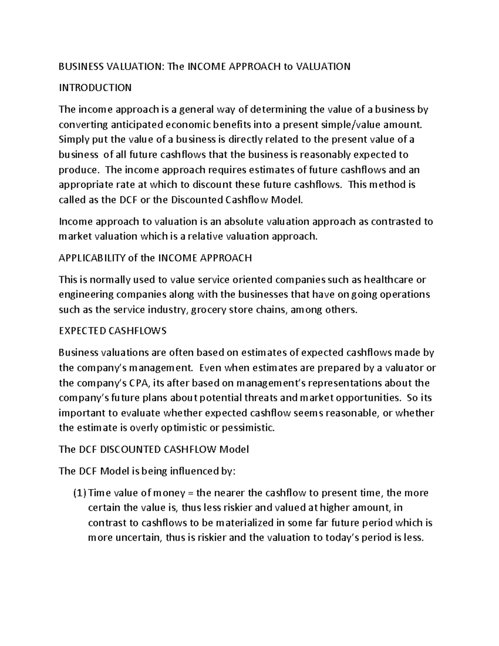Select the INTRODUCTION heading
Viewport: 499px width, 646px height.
[95, 88]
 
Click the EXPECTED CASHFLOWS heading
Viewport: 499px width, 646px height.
[112, 331]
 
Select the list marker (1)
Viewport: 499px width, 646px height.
[79, 493]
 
